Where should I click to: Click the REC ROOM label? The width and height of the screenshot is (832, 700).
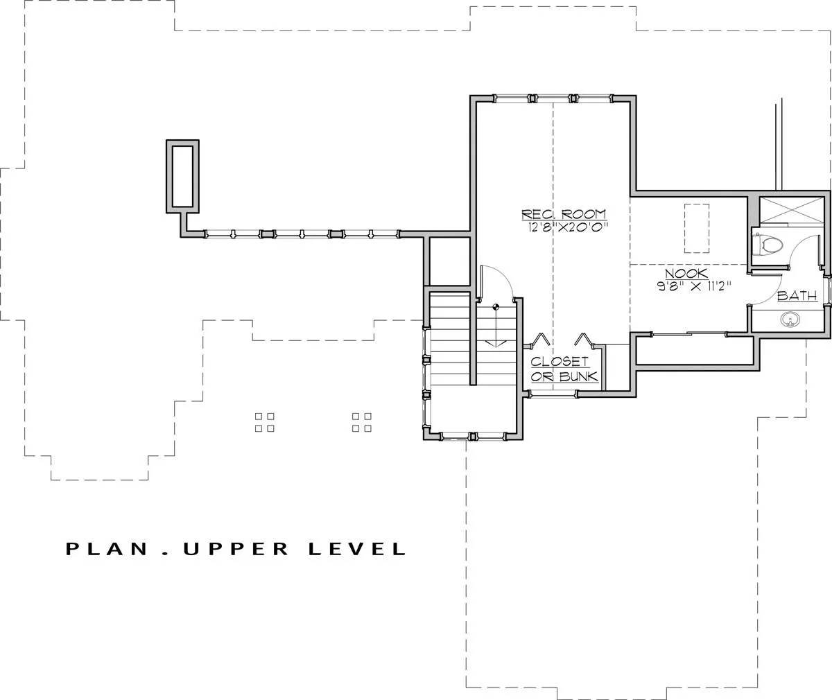(x=564, y=214)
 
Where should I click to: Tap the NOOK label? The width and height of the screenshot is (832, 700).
(x=686, y=273)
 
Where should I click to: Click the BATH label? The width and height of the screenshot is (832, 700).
(x=797, y=296)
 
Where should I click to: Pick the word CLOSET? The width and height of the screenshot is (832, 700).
(x=560, y=362)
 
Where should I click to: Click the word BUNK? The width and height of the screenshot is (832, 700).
(x=578, y=376)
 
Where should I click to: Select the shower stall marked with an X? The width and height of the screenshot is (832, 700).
(x=791, y=211)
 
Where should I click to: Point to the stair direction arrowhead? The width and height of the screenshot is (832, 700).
(x=496, y=344)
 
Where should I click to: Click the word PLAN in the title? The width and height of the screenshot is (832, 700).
(x=107, y=549)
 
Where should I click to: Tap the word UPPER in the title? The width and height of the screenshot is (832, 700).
(x=236, y=549)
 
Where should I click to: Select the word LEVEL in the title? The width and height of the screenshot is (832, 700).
(x=358, y=549)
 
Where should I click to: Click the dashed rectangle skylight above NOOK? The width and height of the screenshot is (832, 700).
(x=697, y=228)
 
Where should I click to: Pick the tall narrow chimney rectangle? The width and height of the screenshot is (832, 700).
(x=182, y=177)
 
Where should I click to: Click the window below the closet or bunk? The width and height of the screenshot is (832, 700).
(x=553, y=394)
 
